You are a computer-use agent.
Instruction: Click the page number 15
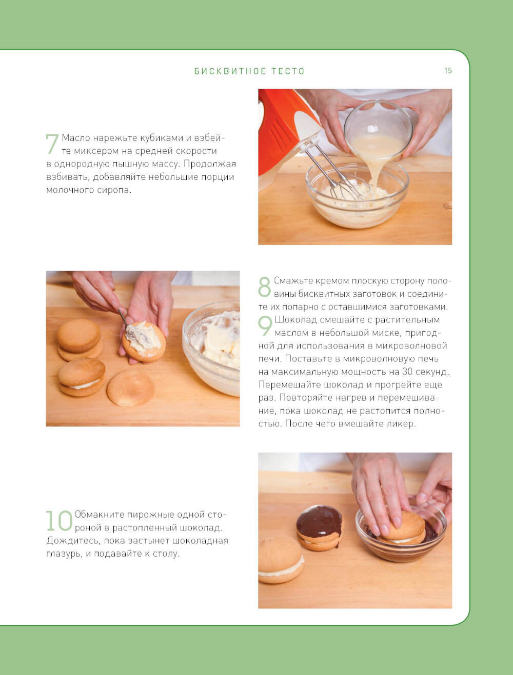click(448, 71)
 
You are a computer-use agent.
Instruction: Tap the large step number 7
click(52, 144)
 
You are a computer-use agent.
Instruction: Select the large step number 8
click(264, 287)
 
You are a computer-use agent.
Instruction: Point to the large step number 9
click(265, 326)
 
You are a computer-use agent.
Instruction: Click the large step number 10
click(59, 521)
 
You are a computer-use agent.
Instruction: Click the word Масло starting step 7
click(76, 138)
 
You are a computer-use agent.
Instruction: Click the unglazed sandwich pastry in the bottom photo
click(281, 563)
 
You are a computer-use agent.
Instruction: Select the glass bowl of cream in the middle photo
click(211, 347)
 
